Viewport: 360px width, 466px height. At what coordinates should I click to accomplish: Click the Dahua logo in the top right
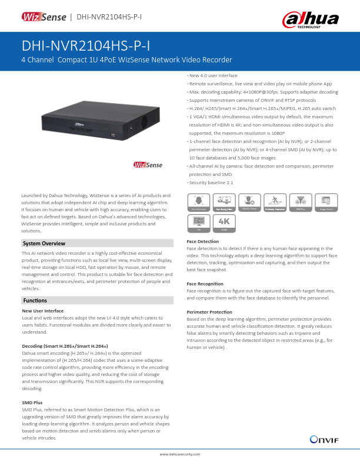(312, 19)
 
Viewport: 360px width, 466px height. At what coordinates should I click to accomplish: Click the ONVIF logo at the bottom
(323, 439)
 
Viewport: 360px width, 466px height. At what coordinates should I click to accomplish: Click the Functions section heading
(35, 300)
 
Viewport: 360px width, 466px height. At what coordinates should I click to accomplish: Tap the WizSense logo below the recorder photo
(146, 165)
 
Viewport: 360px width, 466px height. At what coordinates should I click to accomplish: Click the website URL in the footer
(180, 454)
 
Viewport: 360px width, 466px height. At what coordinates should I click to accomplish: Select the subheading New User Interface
(42, 310)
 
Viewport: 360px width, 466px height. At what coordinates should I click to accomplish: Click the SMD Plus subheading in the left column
(32, 402)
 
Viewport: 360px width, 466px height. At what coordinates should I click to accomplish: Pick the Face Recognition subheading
(205, 284)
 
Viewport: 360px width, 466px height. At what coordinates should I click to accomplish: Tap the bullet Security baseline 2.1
(210, 182)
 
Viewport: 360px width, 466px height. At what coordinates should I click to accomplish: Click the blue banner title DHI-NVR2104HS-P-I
(86, 46)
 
